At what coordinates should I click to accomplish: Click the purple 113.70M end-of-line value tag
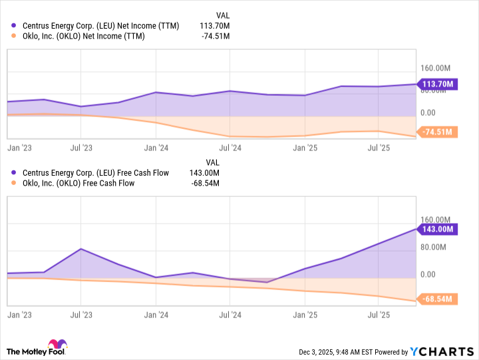(438, 84)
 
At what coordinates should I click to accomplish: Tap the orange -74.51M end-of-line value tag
(437, 132)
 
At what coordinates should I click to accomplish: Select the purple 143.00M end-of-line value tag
(438, 229)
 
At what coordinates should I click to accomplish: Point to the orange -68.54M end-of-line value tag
(437, 299)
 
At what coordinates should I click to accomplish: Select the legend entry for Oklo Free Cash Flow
(79, 183)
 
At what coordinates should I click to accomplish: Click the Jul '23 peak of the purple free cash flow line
(81, 249)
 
